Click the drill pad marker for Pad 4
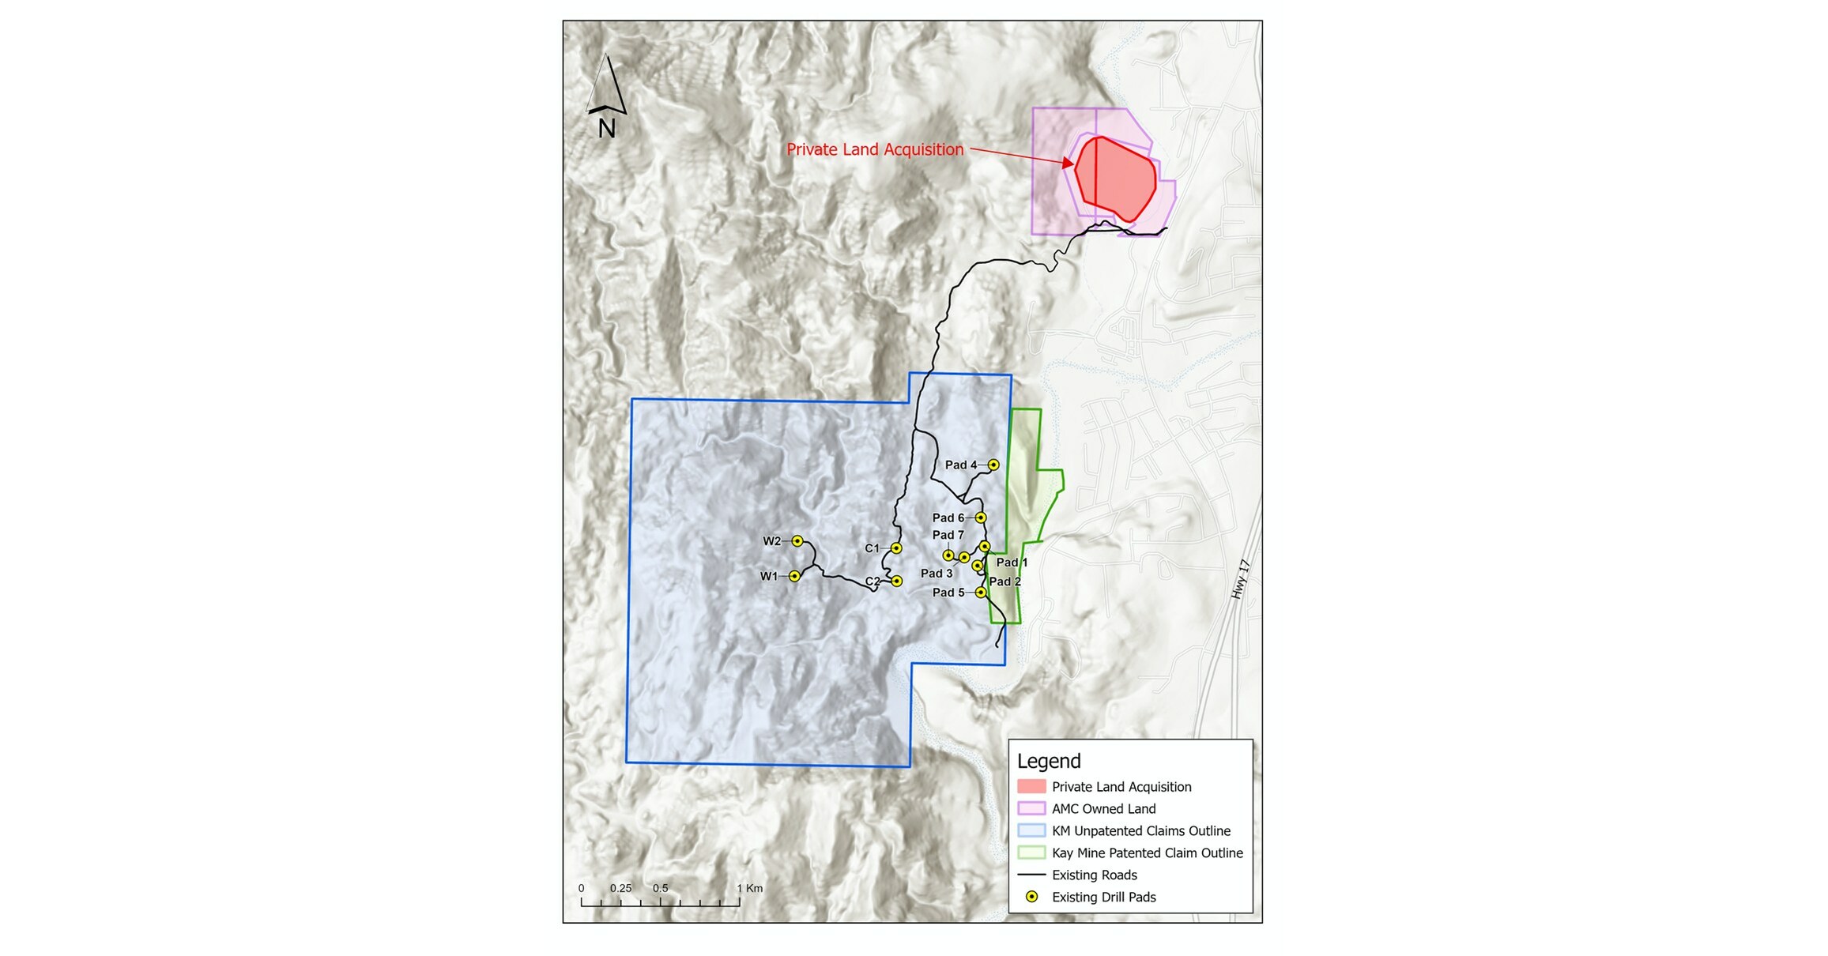(993, 465)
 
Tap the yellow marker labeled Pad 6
(980, 518)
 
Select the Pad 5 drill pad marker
(980, 593)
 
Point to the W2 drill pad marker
(797, 541)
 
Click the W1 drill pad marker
(794, 576)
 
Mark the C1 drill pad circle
(896, 548)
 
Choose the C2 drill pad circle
(896, 582)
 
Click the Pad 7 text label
(948, 535)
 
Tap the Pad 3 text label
(937, 574)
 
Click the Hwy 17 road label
(1241, 579)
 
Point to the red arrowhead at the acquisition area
(1068, 164)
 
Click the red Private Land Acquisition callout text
(875, 149)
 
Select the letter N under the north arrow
(606, 129)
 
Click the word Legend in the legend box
(1049, 761)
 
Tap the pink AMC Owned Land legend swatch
(1031, 809)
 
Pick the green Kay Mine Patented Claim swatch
(1031, 853)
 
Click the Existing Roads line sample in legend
(1031, 875)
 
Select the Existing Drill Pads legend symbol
(1031, 898)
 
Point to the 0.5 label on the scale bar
(660, 888)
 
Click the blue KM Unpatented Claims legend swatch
(1031, 831)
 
